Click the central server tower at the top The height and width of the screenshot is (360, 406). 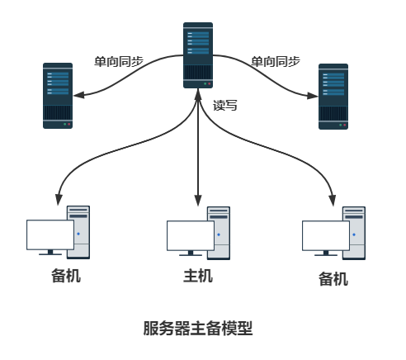[198, 55]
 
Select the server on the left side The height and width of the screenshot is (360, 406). [58, 95]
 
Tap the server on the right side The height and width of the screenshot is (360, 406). [334, 95]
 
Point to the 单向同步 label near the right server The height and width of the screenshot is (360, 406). [275, 62]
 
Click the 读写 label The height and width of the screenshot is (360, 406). [224, 106]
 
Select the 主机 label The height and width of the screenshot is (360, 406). [198, 276]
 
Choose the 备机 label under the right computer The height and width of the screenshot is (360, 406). [333, 278]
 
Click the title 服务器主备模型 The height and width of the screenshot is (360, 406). [198, 328]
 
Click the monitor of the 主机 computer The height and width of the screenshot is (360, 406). [191, 236]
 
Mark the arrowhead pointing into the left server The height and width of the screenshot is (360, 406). [78, 94]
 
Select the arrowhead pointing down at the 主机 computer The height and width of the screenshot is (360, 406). [198, 201]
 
